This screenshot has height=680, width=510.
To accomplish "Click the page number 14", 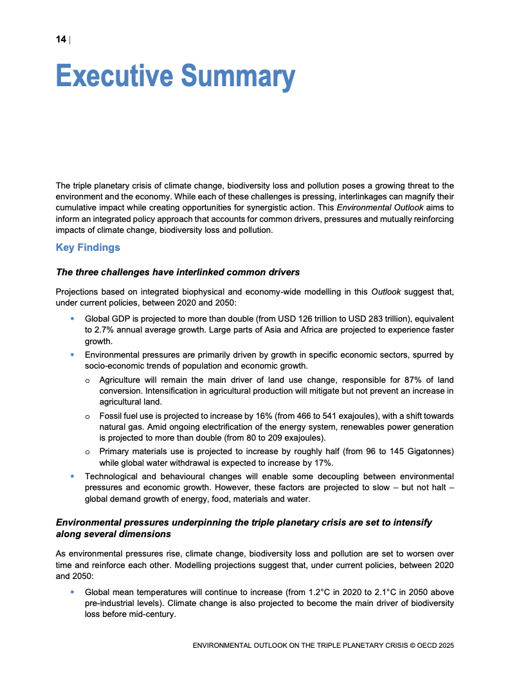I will [60, 40].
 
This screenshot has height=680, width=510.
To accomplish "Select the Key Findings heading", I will [88, 247].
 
